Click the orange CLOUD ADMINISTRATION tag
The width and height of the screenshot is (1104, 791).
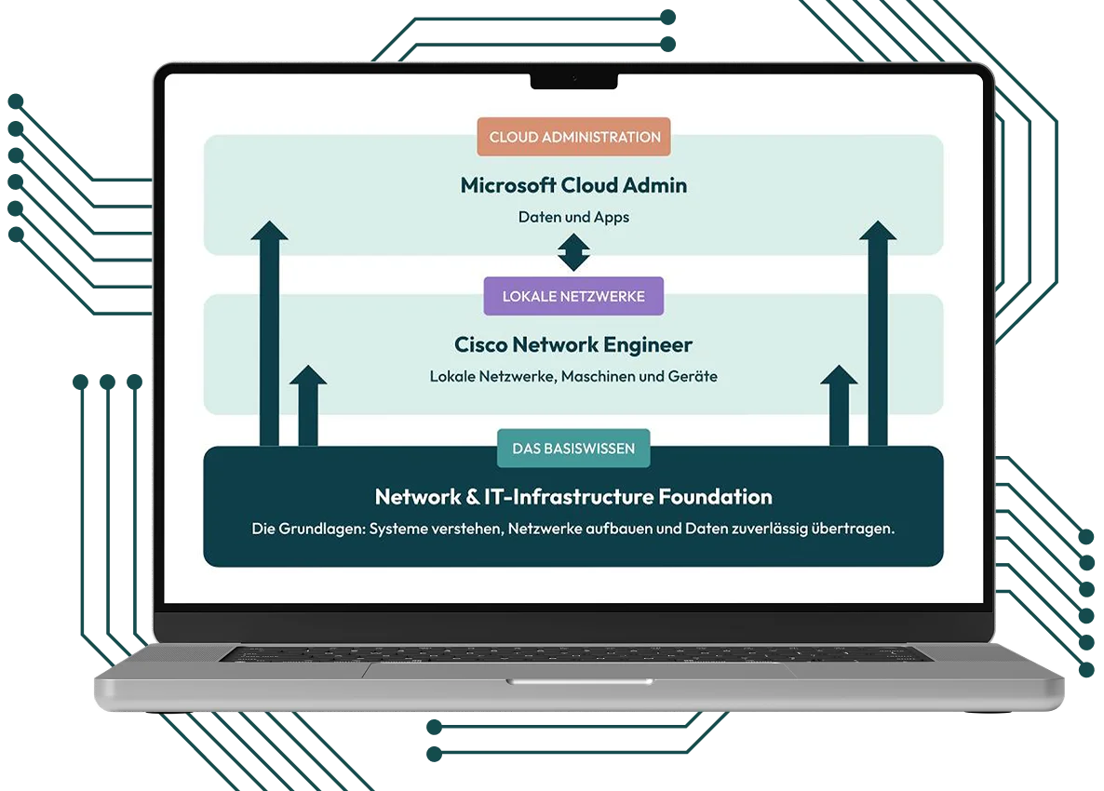point(573,137)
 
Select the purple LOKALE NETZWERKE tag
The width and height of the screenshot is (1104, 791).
point(573,297)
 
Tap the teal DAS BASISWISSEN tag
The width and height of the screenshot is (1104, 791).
point(573,449)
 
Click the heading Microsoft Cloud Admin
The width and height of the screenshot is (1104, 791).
point(573,185)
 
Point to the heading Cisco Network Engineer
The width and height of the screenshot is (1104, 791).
point(573,345)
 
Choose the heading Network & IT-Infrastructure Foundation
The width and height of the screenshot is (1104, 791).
point(573,496)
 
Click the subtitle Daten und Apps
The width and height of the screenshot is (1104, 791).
point(573,217)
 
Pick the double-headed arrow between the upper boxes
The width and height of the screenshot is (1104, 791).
point(573,252)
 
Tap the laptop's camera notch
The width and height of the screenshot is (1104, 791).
point(573,80)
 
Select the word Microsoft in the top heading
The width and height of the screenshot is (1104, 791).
point(508,185)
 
